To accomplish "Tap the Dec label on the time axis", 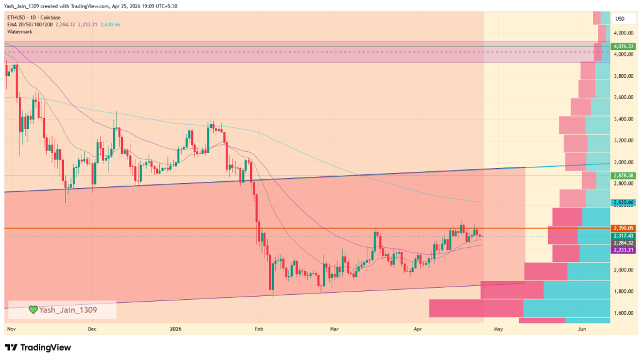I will [x=92, y=329].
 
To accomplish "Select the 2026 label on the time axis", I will [x=176, y=329].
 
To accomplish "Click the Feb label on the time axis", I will [x=258, y=329].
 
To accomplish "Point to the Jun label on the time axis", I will [x=582, y=329].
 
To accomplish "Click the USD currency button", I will [x=621, y=18].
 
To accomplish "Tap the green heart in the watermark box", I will [x=33, y=310].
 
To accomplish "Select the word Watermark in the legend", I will [x=20, y=33].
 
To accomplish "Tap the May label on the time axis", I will [x=498, y=329].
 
